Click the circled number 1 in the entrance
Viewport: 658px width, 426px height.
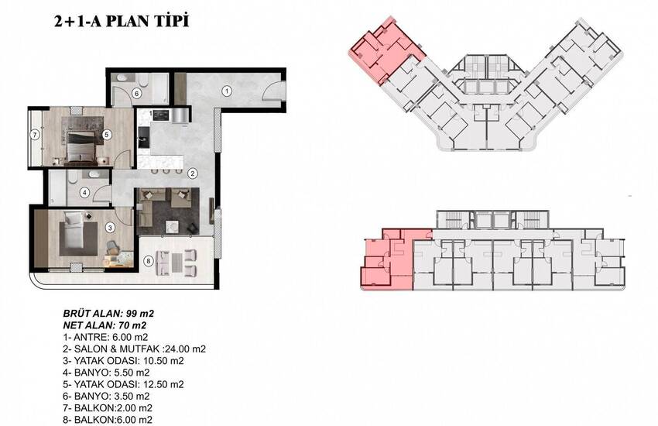point(227,91)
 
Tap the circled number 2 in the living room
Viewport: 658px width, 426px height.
point(192,173)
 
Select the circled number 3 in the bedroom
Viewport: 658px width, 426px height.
point(109,228)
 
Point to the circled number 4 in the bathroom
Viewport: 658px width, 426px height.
point(85,193)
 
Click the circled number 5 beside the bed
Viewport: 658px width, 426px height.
point(107,135)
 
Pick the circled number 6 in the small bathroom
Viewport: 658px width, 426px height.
point(137,94)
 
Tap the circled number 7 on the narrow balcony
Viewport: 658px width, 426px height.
point(35,135)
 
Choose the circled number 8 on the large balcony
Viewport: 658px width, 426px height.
point(148,261)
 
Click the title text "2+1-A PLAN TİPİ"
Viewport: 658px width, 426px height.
point(122,21)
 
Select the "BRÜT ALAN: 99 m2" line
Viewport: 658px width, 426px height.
point(108,313)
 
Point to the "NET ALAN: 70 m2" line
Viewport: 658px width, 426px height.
point(105,325)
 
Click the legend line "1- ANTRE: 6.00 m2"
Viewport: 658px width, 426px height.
point(105,337)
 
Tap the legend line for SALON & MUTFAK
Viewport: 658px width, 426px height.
point(134,349)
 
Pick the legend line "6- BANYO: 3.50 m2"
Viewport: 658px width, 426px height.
point(106,396)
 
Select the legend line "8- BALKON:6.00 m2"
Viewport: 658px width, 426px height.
point(108,419)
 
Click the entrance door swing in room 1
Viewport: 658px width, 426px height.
point(272,91)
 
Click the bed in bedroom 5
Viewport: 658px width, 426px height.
point(81,147)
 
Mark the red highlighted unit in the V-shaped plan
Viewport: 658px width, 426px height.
point(386,50)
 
